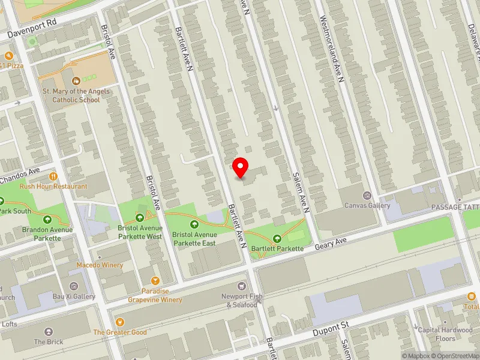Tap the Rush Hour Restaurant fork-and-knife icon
(53, 176)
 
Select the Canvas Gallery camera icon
(367, 196)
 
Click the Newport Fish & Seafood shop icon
(242, 286)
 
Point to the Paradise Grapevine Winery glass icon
(155, 281)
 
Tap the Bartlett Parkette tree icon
(277, 238)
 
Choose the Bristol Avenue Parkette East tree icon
(194, 224)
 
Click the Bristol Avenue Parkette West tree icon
(140, 218)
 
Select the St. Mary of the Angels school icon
(76, 80)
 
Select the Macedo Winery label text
(100, 265)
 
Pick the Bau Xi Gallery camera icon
(74, 286)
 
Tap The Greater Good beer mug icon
(119, 322)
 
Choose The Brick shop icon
(49, 331)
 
